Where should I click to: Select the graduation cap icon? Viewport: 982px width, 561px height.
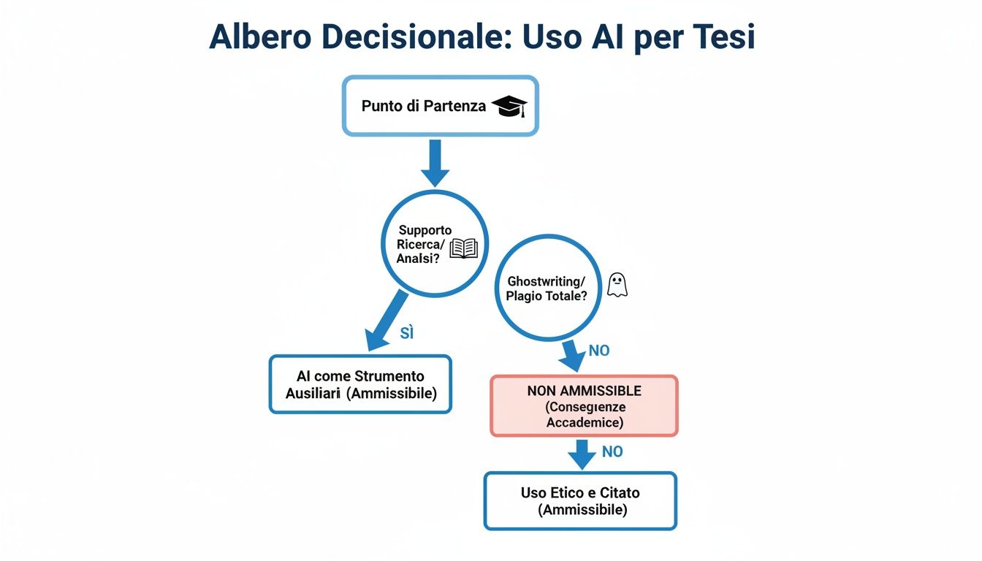point(509,107)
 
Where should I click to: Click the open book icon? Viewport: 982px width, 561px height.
point(463,248)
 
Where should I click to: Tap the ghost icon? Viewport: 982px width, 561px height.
point(617,285)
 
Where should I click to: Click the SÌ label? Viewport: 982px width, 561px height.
point(407,333)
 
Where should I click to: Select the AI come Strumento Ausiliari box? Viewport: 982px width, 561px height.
point(360,384)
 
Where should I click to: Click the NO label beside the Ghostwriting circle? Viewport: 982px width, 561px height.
point(598,351)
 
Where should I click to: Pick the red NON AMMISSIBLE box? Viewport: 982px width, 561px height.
point(584,406)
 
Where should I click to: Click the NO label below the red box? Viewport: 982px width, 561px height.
point(612,452)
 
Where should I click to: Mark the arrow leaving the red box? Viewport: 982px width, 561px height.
point(582,454)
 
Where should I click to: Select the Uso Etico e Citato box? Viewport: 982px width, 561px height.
point(580,501)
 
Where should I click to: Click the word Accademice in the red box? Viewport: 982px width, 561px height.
point(585,422)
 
